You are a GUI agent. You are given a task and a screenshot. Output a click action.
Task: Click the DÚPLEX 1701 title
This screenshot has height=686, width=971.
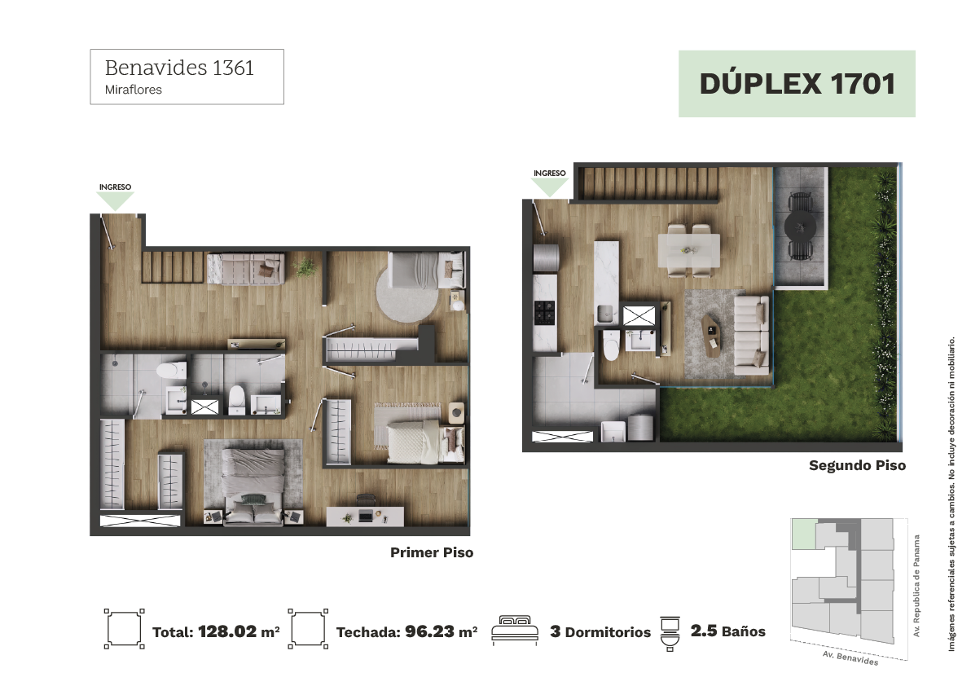point(797,84)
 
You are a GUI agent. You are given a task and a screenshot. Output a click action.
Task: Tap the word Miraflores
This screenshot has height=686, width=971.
point(133,90)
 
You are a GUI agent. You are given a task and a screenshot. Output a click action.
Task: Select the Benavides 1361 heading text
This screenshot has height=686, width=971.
point(179,68)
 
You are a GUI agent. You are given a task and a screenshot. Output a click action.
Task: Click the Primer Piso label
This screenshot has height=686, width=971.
point(432,552)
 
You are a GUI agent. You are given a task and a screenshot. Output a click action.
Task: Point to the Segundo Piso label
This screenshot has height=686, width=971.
point(857,465)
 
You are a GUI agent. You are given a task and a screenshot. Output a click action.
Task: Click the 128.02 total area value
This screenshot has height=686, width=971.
point(227,631)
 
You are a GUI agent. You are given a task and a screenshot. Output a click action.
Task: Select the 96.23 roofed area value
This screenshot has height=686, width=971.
point(430,631)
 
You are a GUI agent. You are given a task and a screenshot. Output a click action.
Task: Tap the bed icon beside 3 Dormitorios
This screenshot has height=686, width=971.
point(515,631)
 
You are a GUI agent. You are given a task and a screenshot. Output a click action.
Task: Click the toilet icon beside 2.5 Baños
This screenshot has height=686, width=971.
point(670,633)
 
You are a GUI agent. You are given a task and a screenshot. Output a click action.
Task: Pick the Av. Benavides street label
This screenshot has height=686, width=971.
point(850,657)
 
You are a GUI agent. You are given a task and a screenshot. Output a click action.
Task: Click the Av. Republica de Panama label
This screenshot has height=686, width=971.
point(916,586)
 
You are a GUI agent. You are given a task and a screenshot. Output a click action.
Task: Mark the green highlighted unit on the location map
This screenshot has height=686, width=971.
point(804,534)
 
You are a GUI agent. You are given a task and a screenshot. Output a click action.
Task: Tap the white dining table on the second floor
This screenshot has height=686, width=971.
point(688,250)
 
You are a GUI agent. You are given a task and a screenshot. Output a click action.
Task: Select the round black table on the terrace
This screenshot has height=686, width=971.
point(800,226)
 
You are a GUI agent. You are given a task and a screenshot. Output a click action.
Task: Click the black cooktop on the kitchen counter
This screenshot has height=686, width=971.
point(544,312)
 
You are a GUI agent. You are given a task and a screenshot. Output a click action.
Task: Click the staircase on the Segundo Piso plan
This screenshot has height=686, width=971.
point(648,183)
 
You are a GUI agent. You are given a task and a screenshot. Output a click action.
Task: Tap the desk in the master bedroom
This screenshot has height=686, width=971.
point(366,517)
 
